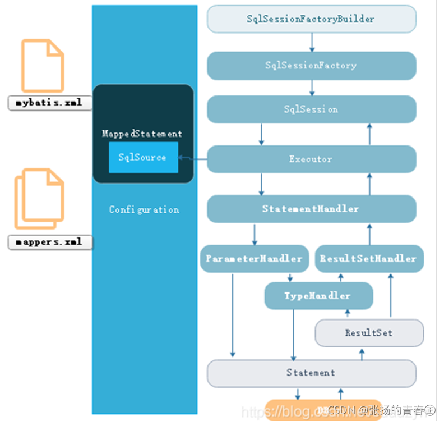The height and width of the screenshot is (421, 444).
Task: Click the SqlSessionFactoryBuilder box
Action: click(311, 19)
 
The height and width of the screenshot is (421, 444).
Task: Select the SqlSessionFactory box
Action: click(311, 66)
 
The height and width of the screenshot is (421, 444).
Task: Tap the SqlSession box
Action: click(311, 109)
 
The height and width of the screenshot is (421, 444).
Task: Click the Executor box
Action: click(311, 159)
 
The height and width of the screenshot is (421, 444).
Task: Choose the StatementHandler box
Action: click(311, 209)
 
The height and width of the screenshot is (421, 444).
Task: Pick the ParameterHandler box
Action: click(254, 259)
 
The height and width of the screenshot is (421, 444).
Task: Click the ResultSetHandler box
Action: click(368, 259)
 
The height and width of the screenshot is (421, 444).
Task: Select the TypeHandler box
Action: click(318, 296)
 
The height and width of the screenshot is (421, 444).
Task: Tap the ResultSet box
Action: click(369, 333)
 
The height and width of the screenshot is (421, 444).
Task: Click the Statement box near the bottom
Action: click(311, 373)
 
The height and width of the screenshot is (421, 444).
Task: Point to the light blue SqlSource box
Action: click(143, 158)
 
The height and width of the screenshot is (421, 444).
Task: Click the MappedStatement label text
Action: click(142, 134)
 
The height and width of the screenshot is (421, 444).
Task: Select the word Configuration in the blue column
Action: click(144, 210)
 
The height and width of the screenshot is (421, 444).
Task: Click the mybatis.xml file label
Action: click(50, 103)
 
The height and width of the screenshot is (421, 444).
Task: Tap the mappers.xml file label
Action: click(50, 242)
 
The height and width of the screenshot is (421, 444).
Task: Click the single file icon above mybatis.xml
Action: click(43, 65)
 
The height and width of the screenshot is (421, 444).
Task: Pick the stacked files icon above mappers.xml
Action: click(40, 199)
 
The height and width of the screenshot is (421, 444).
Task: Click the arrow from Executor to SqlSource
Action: click(192, 159)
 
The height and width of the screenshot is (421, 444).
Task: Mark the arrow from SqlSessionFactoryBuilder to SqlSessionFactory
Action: click(312, 42)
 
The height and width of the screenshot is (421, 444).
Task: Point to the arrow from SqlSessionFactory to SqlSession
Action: click(312, 88)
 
